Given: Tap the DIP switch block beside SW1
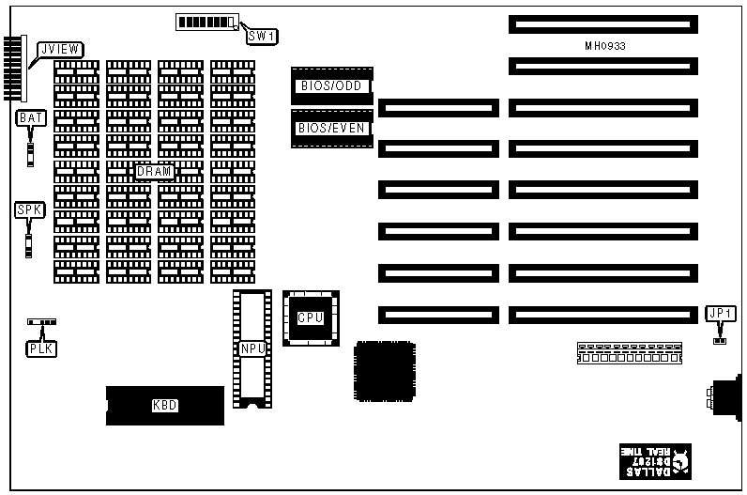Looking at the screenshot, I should [206, 22].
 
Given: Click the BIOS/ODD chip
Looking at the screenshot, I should [332, 86].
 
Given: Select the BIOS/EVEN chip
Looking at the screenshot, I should [332, 129].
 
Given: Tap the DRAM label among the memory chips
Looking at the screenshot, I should [154, 172].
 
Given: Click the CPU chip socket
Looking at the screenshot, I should [311, 318].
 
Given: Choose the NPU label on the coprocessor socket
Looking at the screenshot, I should [252, 348].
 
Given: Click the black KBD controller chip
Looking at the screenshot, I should [165, 406].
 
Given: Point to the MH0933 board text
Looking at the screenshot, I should [604, 45].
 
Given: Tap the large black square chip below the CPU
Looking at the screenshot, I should [384, 372].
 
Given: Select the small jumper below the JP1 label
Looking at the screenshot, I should [720, 340].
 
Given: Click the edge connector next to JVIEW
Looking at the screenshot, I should [12, 69].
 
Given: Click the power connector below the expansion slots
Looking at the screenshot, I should [630, 353].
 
